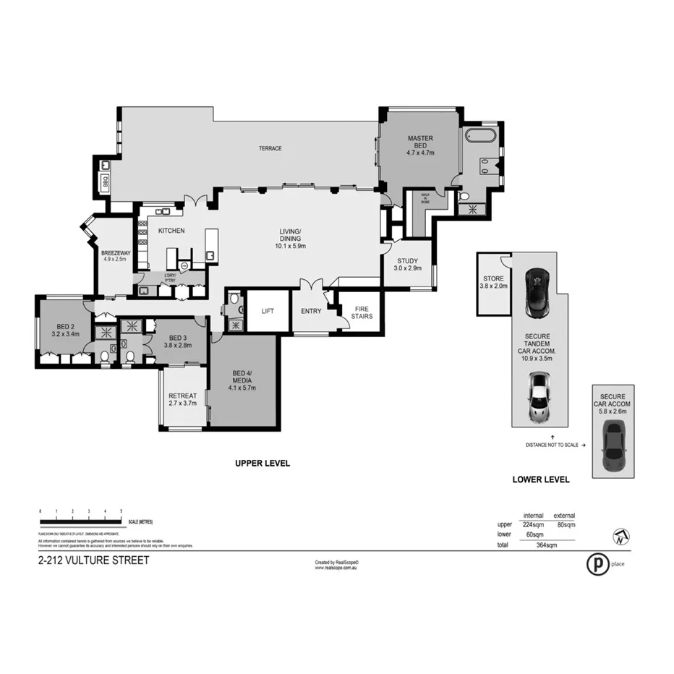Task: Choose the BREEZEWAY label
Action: click(114, 255)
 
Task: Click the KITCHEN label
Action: click(171, 231)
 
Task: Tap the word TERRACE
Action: click(270, 148)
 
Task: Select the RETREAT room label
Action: click(182, 399)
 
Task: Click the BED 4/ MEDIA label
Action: click(242, 380)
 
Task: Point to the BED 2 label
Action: click(65, 329)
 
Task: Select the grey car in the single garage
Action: click(613, 445)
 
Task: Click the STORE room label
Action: click(494, 281)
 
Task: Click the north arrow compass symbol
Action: click(620, 537)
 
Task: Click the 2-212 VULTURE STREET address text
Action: click(93, 560)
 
